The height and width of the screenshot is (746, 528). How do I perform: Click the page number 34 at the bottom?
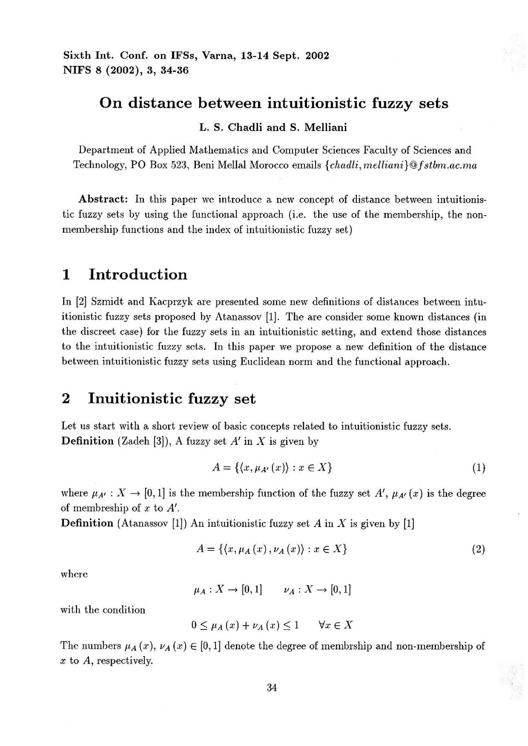(271, 688)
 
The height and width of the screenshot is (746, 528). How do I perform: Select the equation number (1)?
(478, 467)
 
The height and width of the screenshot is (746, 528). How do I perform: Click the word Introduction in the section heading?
(138, 274)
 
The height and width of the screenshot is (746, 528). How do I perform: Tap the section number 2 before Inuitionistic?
(66, 398)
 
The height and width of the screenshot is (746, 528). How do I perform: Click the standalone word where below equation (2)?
(74, 575)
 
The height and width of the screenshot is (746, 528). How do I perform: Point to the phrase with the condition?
(103, 610)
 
